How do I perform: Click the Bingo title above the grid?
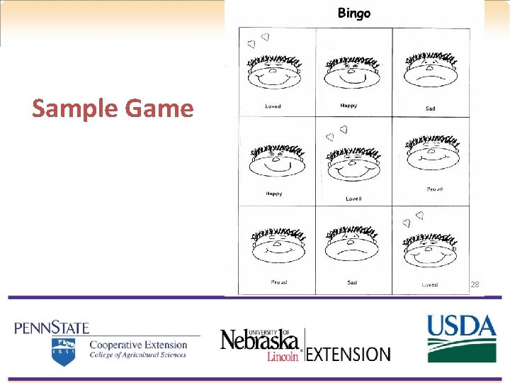353,13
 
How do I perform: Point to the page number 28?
475,284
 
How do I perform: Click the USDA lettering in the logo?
461,327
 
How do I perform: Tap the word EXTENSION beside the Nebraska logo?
348,353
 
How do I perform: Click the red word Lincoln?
282,356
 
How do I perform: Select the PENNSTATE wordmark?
52,328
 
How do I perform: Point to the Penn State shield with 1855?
63,350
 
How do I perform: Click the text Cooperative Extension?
138,345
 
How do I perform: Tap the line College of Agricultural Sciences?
138,355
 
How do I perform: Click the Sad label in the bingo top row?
431,109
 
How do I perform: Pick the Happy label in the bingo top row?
348,106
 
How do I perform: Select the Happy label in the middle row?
273,193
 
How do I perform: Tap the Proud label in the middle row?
434,189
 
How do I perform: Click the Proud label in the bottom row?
279,282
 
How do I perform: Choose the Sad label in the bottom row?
352,282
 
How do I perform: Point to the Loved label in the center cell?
353,199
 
